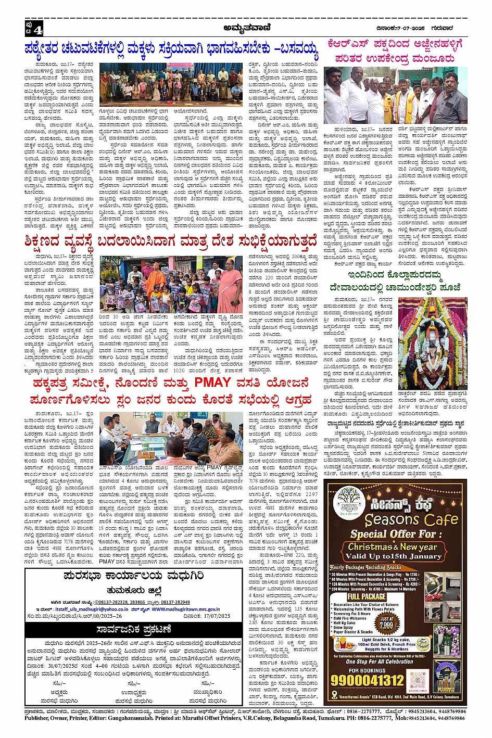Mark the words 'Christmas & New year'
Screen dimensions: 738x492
point(393,547)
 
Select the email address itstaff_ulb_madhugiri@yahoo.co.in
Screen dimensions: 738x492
point(90,609)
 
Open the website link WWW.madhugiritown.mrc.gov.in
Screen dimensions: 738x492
point(186,609)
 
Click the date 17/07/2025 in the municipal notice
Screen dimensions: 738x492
point(214,616)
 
